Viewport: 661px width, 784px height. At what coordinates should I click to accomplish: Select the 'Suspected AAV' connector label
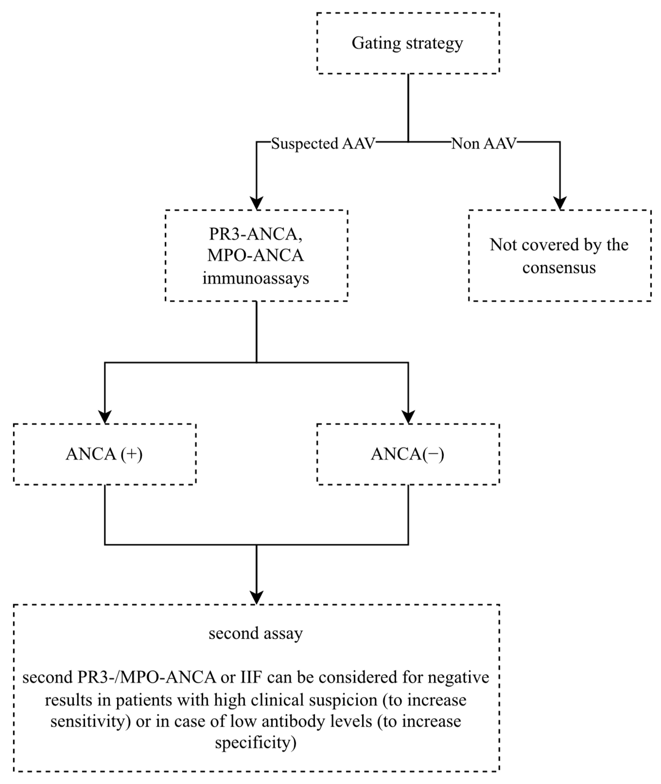point(323,143)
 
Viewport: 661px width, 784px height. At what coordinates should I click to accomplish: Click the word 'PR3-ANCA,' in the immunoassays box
point(256,234)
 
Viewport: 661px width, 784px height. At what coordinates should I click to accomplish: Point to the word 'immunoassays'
point(256,278)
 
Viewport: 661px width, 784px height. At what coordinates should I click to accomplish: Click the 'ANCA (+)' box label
point(104,454)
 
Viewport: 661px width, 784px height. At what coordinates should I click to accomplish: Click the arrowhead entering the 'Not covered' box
point(560,203)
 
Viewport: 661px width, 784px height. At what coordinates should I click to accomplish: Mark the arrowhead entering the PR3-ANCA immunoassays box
point(256,203)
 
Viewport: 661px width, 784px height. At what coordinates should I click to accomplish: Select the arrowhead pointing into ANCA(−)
point(408,417)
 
